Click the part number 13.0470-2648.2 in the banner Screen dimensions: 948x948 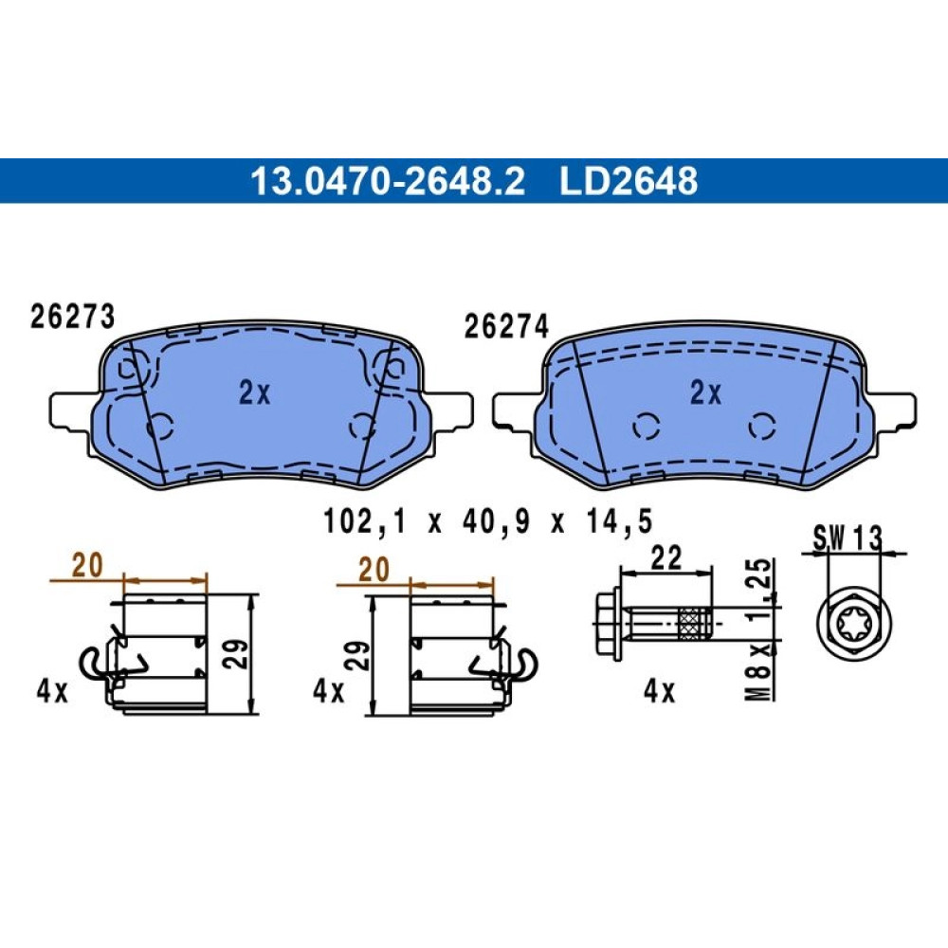click(388, 181)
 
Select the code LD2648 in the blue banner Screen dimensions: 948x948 click(629, 181)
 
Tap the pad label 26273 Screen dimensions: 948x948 click(72, 317)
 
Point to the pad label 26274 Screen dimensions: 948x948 click(506, 326)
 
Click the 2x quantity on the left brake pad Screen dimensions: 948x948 click(255, 393)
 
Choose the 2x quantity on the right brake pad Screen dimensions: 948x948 click(706, 393)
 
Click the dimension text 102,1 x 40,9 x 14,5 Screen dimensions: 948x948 click(488, 521)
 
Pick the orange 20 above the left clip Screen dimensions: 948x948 click(87, 566)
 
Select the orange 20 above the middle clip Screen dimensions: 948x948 click(374, 570)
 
